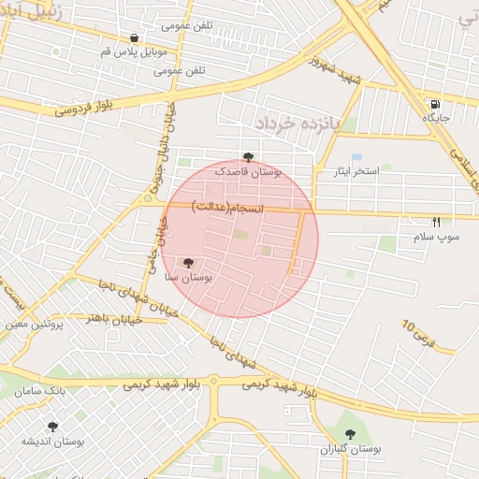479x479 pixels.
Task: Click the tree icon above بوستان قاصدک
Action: [248, 157]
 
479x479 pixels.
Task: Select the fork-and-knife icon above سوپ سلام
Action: [436, 223]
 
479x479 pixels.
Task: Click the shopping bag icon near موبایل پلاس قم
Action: [136, 38]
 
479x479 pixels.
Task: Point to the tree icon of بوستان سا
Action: [188, 263]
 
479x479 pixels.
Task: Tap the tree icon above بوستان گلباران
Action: [351, 434]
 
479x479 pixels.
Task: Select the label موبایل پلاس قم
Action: [131, 51]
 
